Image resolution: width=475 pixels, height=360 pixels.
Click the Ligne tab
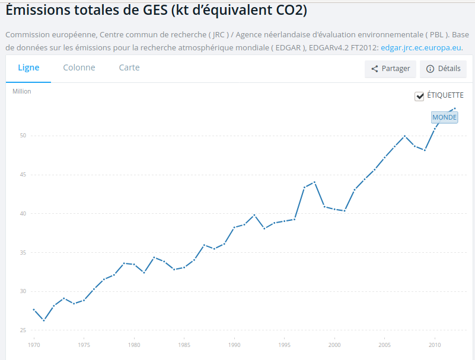point(28,67)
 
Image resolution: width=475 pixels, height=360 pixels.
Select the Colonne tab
point(79,67)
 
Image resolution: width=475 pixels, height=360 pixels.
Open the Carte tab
point(129,67)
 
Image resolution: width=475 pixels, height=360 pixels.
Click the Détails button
point(443,69)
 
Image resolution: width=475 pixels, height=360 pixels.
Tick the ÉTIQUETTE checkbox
point(419,96)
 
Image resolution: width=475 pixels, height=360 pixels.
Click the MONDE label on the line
point(444,117)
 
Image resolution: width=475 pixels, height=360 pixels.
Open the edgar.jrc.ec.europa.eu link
point(420,48)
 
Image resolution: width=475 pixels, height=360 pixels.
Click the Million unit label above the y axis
point(22,91)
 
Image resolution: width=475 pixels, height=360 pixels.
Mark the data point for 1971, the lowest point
point(44,320)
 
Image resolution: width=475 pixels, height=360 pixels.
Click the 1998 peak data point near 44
point(314,182)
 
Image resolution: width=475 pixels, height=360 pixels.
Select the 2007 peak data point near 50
point(404,136)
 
